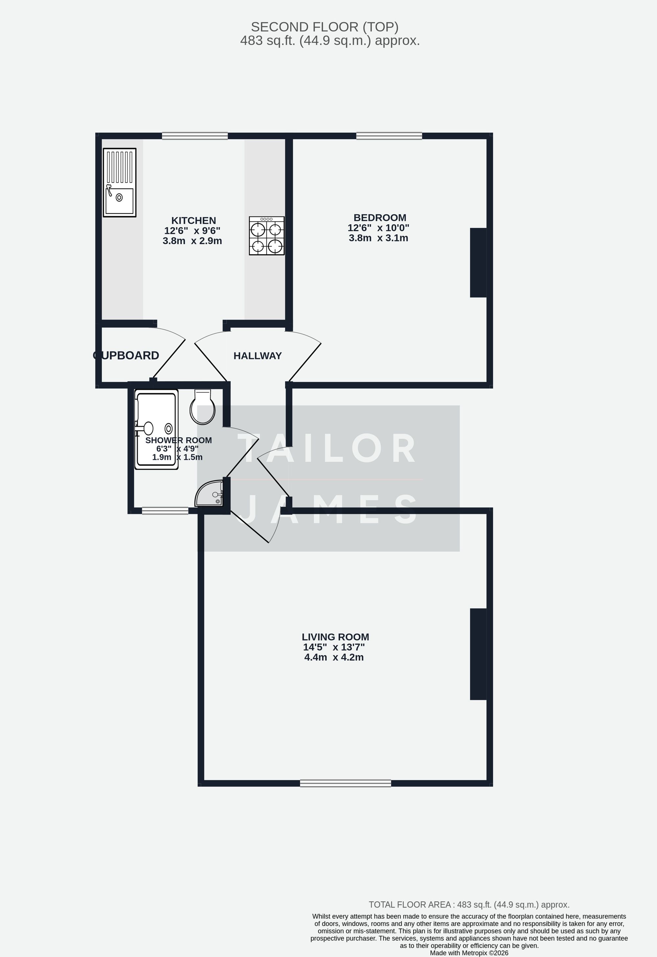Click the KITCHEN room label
193,220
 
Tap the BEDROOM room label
379,217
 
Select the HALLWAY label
258,356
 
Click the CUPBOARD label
126,355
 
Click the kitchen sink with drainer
120,182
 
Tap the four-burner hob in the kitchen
266,236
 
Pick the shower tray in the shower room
156,429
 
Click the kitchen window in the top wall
195,136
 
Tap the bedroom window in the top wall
389,136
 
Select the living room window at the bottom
345,783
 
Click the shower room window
165,511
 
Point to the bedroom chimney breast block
478,262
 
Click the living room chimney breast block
478,654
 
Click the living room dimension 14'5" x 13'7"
334,647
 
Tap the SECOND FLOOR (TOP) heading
325,27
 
